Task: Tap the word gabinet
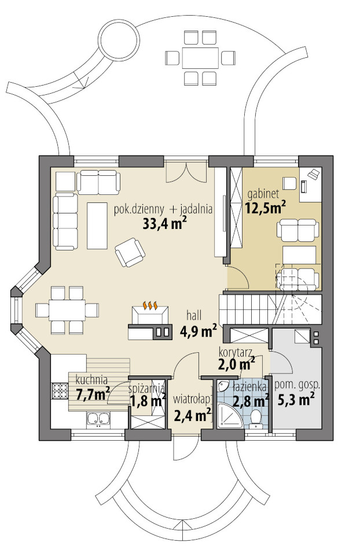[260, 194]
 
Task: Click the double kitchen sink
[98, 419]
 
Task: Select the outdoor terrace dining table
[200, 58]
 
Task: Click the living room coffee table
[97, 226]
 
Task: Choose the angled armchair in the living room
[130, 252]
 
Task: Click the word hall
[194, 315]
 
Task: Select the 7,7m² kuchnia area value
[93, 394]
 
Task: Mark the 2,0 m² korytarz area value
[236, 364]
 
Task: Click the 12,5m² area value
[266, 208]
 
